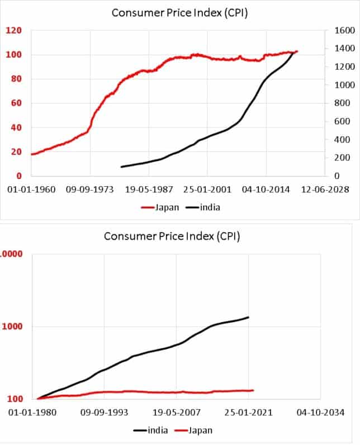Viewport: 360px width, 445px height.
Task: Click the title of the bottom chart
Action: [x=172, y=236]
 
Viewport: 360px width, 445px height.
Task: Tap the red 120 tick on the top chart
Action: [x=13, y=30]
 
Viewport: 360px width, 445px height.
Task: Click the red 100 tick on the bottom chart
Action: [x=14, y=399]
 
